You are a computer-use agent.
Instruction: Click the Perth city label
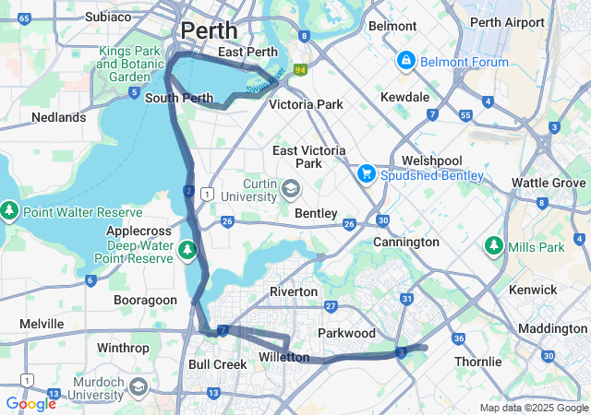[209, 30]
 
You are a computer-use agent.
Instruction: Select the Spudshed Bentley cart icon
[367, 174]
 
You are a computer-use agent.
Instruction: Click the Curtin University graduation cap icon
[291, 190]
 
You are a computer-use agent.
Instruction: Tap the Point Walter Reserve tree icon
[10, 211]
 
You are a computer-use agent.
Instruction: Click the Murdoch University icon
[139, 385]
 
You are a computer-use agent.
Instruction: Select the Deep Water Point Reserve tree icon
[188, 249]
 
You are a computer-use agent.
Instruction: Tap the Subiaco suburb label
[108, 17]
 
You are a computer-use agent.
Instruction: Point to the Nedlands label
[58, 117]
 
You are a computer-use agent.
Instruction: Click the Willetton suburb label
[284, 357]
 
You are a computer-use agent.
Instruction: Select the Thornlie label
[477, 362]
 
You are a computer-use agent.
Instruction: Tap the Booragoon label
[144, 300]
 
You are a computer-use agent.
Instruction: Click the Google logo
[30, 404]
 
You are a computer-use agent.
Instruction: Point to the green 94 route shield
[300, 69]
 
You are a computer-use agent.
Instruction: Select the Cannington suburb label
[405, 242]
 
